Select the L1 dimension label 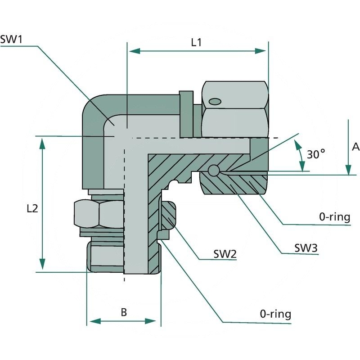pos(196,42)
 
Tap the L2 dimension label pos(32,208)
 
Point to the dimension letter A pos(355,147)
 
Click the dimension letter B pos(124,312)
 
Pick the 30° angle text pos(316,154)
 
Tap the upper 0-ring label pos(334,217)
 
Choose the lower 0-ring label pos(275,314)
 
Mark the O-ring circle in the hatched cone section pos(214,171)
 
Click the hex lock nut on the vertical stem pos(98,213)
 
